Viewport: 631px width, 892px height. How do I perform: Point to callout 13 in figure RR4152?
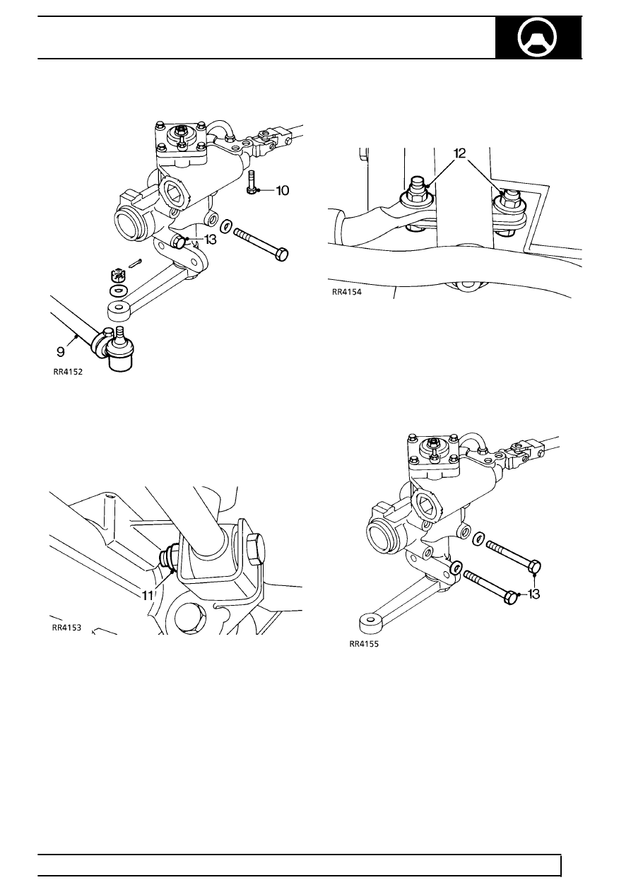pyautogui.click(x=209, y=240)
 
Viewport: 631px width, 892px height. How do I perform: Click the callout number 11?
pyautogui.click(x=147, y=595)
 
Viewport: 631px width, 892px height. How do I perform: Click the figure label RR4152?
pyautogui.click(x=68, y=377)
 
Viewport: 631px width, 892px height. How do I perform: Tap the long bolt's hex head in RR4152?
pyautogui.click(x=281, y=253)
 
